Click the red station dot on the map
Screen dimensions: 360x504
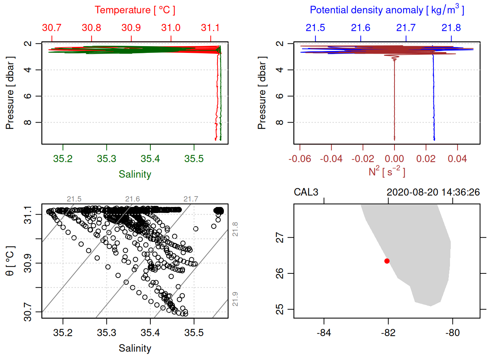coord(387,261)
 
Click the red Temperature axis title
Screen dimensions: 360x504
coord(135,10)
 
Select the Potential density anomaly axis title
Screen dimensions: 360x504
coord(387,10)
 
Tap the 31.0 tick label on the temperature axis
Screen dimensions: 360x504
coord(171,28)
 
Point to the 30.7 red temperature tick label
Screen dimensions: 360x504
coord(52,28)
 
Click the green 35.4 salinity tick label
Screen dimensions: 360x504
coord(150,159)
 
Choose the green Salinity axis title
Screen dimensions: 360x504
coord(135,174)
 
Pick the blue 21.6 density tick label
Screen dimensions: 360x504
coord(360,28)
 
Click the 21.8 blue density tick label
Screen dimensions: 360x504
coord(451,28)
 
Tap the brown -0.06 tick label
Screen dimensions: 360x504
coord(300,159)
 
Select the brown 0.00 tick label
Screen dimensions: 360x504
coord(394,159)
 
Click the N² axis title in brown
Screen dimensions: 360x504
coord(387,171)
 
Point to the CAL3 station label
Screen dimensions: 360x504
coord(306,192)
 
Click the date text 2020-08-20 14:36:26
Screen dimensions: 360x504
coord(433,192)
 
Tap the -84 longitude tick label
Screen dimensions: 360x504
coord(324,333)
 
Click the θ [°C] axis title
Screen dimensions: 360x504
coord(10,261)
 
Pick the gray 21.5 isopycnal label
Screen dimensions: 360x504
coord(74,199)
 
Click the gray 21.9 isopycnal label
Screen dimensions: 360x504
coord(235,299)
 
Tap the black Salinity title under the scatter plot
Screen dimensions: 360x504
coord(135,348)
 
